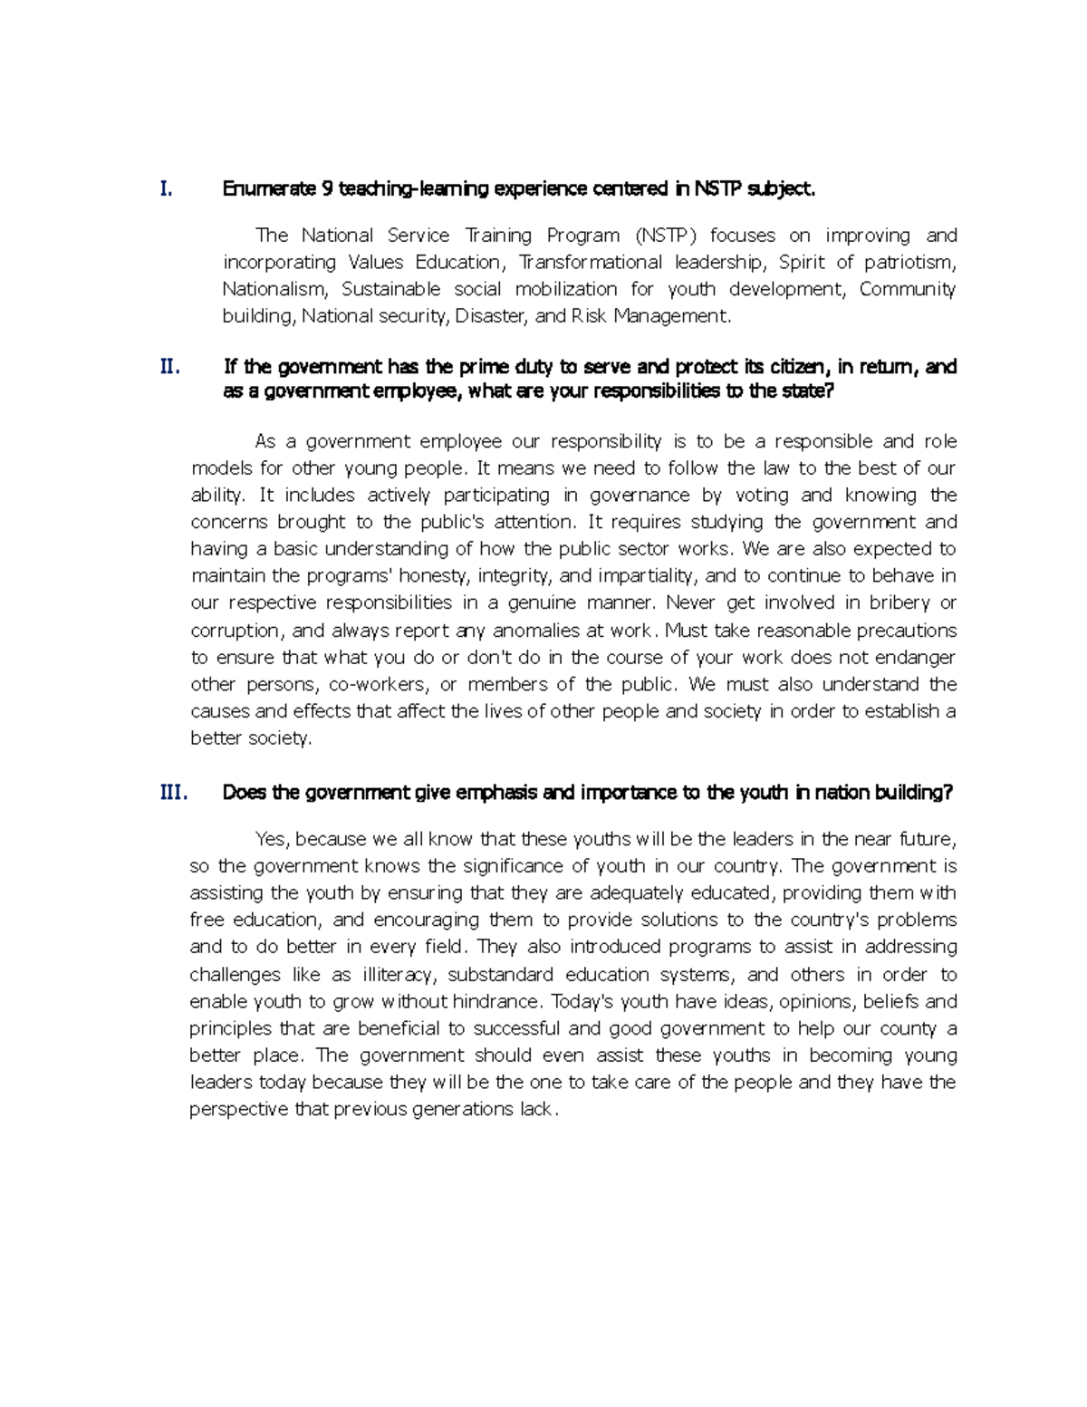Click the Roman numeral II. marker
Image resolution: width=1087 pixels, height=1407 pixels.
pyautogui.click(x=169, y=367)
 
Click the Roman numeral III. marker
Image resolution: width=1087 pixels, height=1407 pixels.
pyautogui.click(x=173, y=793)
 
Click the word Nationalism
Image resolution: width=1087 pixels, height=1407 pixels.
pyautogui.click(x=272, y=290)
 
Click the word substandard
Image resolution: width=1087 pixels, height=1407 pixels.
pyautogui.click(x=500, y=975)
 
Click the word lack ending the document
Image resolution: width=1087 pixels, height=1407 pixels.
pyautogui.click(x=535, y=1110)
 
